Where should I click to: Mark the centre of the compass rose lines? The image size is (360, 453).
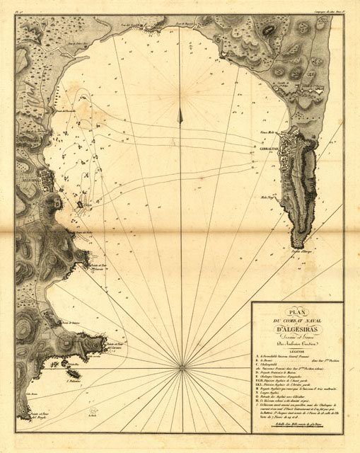[183, 366]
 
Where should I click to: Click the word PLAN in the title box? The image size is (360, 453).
[296, 312]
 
